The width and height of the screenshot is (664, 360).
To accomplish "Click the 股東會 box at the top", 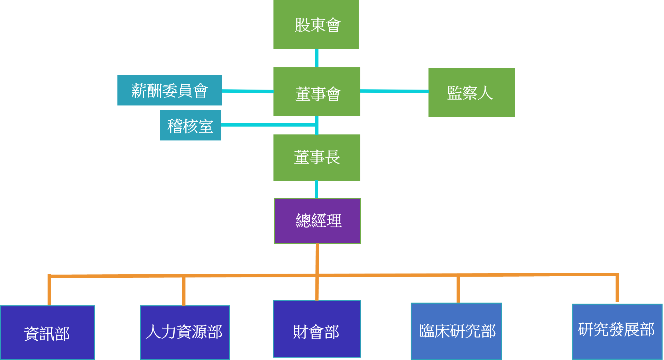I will [316, 25].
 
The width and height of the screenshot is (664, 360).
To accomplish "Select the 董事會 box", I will [317, 92].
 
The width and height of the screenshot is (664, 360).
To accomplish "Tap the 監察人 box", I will [472, 92].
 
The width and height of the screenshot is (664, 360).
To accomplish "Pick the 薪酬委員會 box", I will [169, 90].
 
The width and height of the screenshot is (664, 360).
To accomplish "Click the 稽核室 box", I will [191, 125].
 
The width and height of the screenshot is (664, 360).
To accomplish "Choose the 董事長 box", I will [317, 157].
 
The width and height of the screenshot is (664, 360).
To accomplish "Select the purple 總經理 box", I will [317, 221].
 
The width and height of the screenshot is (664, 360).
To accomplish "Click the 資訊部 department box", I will [47, 333].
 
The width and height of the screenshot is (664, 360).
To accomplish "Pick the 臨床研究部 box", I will [456, 331].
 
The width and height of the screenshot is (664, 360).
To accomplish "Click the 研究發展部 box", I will [617, 331].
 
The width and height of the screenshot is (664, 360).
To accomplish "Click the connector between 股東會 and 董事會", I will [317, 58].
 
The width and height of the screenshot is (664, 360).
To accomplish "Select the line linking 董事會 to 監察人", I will [394, 91].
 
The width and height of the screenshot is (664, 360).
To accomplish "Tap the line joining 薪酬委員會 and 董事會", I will [248, 91].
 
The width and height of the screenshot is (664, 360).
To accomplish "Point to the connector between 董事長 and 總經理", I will [316, 189].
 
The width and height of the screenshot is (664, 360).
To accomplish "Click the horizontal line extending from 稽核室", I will [268, 124].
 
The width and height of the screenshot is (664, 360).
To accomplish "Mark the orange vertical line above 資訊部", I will [49, 290].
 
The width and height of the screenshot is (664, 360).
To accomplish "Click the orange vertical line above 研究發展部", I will [617, 289].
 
